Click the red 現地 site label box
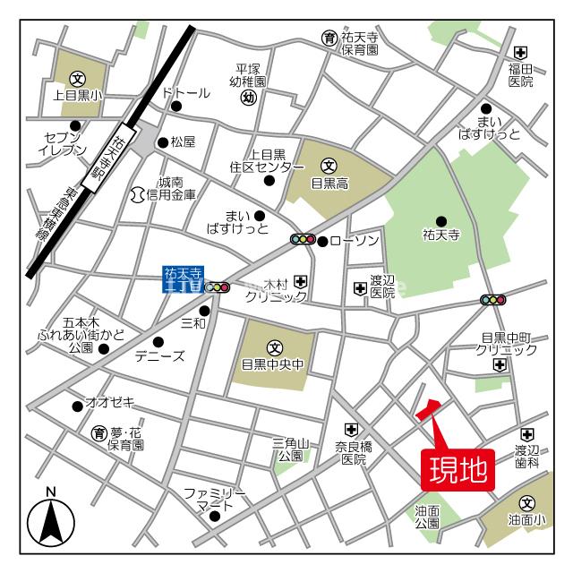coord(458,467)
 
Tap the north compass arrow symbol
coord(51,519)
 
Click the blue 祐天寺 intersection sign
coord(184,279)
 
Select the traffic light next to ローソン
coord(304,239)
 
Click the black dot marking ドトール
coord(176,107)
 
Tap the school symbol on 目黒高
coord(329,165)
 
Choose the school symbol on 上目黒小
coord(78,77)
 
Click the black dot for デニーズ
coord(158,341)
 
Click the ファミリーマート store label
coord(215,500)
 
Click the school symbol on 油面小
coord(526,504)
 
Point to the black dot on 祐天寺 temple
coord(440,221)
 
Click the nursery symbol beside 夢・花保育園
coord(99,433)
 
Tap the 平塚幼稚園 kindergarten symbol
coord(250,98)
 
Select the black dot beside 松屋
coord(162,141)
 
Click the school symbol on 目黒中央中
coord(274,347)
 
